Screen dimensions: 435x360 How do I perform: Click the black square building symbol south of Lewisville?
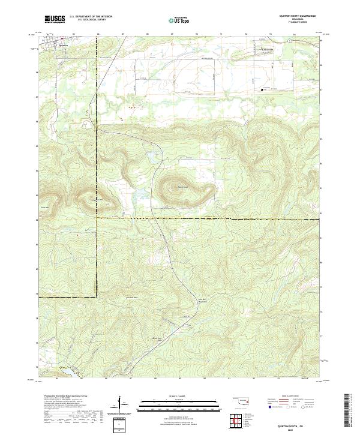(x=261, y=90)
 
